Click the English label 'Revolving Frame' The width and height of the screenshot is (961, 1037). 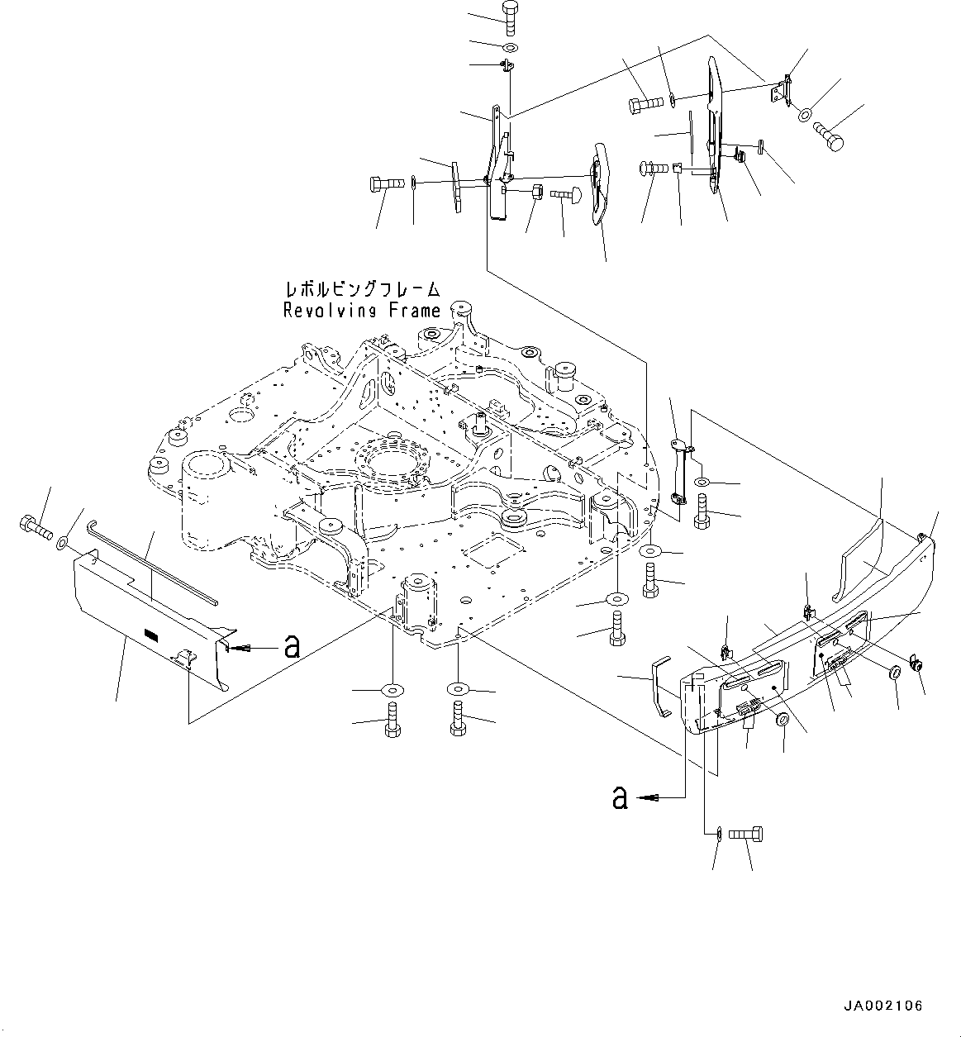point(361,311)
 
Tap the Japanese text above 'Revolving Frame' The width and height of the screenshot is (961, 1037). point(361,290)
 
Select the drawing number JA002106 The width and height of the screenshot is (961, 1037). point(883,1006)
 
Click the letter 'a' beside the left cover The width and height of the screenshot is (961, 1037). point(290,647)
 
